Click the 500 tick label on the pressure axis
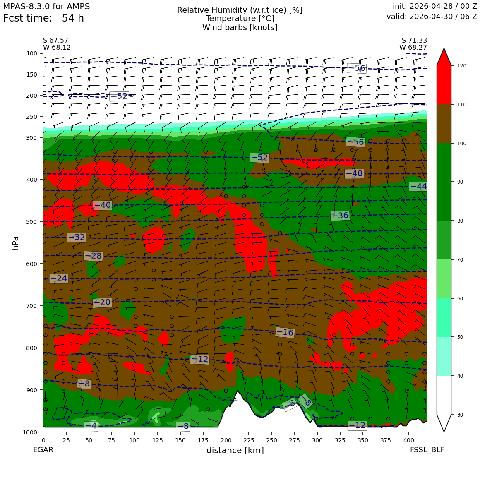coord(32,222)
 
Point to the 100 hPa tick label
coord(32,53)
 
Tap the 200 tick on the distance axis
coord(226,440)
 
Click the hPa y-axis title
coord(16,243)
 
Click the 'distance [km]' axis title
coord(235,450)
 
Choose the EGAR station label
coord(43,450)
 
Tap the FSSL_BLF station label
coord(427,450)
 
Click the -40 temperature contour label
coord(103,205)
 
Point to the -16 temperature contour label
coord(285,332)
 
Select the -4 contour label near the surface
coord(91,426)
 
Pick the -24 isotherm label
coord(59,278)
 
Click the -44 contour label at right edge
coord(418,186)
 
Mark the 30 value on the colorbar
coord(460,415)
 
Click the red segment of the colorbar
coord(444,83)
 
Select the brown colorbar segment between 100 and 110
coord(444,124)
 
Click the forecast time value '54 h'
coord(73,18)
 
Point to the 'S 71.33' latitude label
coord(414,41)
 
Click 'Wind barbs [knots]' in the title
coord(240,28)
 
